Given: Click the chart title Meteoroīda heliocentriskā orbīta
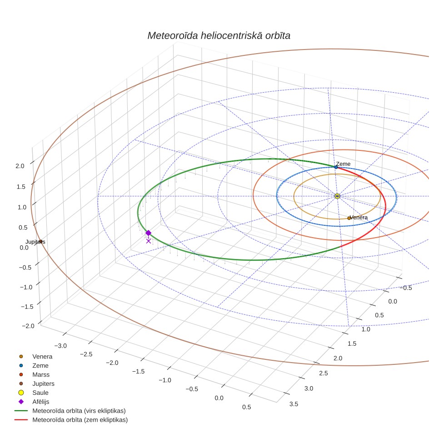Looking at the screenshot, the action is [219, 35].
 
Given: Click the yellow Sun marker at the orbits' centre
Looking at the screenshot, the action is [337, 196].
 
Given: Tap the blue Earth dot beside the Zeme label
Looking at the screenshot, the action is [336, 167].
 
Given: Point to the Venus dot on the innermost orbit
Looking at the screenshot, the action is [349, 218].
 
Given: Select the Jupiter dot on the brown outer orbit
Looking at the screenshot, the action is [40, 242].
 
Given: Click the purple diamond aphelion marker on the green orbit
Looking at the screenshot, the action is [148, 233].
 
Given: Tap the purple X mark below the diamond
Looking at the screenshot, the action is [148, 241].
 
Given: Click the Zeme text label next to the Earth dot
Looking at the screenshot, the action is [343, 164].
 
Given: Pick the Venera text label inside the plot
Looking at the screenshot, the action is [358, 217].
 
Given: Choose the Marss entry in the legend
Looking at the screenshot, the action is [41, 374].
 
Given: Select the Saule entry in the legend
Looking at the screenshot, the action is [40, 393].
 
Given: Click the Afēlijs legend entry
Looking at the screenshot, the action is [41, 402].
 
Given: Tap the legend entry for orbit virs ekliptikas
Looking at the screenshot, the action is [79, 411].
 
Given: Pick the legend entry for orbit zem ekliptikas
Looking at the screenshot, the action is [80, 420].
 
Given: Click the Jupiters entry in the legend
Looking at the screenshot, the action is [43, 384].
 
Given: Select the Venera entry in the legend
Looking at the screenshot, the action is [42, 356].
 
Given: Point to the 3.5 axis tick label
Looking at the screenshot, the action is [294, 404].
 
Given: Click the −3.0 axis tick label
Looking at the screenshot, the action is [60, 346].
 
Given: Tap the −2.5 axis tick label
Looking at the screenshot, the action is [86, 354].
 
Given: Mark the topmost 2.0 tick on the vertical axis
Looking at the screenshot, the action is [20, 166].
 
